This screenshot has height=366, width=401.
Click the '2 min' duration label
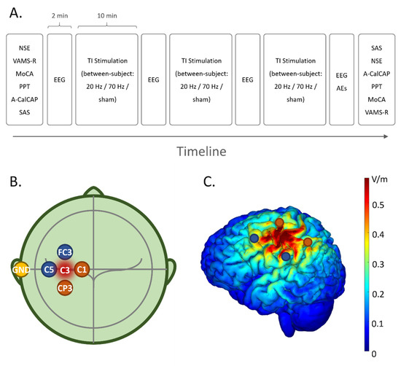coord(61,15)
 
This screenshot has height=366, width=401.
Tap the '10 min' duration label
coord(106,15)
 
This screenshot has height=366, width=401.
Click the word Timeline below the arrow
coord(200,152)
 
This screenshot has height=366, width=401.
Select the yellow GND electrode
coord(20,270)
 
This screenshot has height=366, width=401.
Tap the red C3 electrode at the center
coord(66,270)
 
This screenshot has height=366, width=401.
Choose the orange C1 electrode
coord(82,270)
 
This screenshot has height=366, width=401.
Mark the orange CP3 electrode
coord(66,288)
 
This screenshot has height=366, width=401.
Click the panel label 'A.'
coord(17,12)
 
